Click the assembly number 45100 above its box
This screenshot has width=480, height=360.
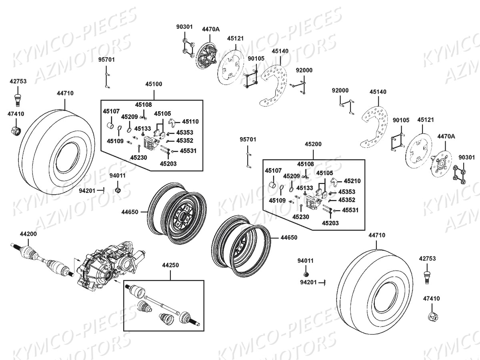pos(154,84)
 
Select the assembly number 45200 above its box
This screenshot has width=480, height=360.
pos(313,144)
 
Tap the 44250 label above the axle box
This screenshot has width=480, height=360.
pos(170,265)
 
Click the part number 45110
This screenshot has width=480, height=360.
pos(190,121)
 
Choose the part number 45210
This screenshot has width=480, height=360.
pos(352,181)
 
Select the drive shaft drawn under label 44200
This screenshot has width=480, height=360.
pos(40,258)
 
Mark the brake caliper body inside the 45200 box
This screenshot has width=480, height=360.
pos(314,202)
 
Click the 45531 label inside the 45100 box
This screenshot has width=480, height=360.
pos(188,151)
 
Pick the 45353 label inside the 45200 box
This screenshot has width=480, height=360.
pos(346,192)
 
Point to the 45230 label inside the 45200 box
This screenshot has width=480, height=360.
pos(300,216)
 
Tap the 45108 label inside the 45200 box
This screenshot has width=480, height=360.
pos(306,164)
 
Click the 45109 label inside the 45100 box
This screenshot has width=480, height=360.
pos(115,141)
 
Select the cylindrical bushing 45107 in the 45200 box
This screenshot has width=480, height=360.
pos(272,185)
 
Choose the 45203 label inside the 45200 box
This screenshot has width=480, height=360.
pos(330,223)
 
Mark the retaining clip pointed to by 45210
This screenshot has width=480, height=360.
pos(334,182)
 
